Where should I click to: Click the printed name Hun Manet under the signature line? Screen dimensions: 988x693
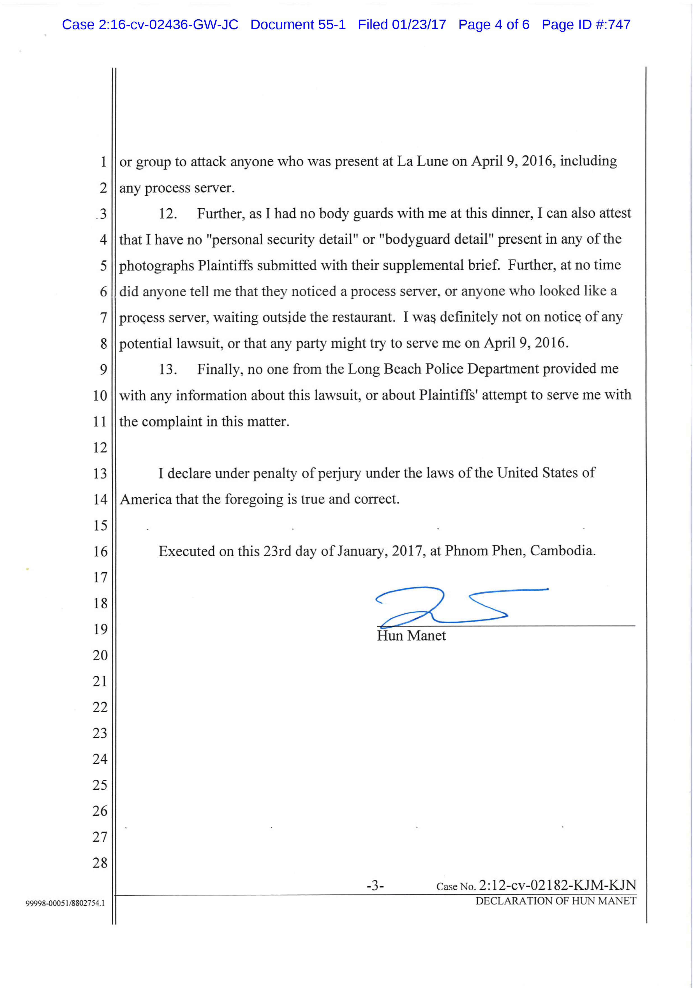(411, 636)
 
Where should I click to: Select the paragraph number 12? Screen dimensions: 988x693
(168, 214)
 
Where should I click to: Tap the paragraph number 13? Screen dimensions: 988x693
(168, 369)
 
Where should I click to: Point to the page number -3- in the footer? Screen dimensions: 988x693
(375, 886)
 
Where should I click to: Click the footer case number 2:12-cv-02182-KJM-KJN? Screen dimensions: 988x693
(557, 885)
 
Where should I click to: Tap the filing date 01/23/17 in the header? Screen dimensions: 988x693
(419, 25)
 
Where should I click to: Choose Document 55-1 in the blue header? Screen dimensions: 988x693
(298, 25)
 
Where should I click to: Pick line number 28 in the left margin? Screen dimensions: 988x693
(100, 863)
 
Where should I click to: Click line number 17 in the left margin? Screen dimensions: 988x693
(100, 577)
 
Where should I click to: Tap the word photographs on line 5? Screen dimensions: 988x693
(157, 266)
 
